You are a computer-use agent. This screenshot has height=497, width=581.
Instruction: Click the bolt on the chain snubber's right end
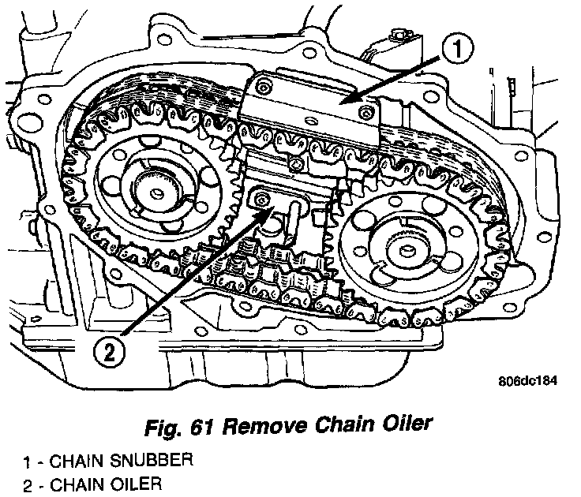click(x=365, y=114)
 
